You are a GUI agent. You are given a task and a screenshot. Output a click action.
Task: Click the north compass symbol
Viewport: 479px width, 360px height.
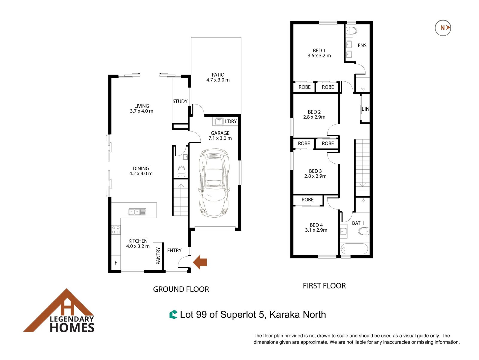coord(443,28)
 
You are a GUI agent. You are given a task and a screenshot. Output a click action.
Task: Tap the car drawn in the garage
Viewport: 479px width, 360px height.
coord(214,183)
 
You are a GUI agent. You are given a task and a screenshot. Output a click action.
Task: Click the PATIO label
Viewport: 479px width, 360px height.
coord(218,75)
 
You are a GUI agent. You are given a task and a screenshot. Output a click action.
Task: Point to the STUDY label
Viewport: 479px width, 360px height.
coord(180,101)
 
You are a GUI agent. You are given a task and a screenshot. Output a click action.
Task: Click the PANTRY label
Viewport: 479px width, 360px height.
coord(158,256)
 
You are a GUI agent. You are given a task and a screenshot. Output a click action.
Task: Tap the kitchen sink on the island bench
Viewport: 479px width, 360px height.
coord(137,212)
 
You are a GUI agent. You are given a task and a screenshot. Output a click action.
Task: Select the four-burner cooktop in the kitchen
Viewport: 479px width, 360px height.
coord(116,230)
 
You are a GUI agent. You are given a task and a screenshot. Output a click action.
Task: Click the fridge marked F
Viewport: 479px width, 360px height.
coord(116,262)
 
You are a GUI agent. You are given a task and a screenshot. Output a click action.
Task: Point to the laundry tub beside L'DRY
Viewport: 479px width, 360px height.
coord(219,121)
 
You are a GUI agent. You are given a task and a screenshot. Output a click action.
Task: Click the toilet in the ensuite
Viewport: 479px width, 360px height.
coord(351,31)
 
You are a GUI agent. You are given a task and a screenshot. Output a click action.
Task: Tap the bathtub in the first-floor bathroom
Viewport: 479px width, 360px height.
coord(354,249)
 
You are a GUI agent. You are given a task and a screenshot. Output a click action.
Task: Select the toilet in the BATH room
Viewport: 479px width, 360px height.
coord(363,231)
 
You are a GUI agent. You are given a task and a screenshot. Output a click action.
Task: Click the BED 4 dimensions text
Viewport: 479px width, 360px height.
coord(316,230)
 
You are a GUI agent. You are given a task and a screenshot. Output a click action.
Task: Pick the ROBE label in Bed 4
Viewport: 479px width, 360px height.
coord(307,200)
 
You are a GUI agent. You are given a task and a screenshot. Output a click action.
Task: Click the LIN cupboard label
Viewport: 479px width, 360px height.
coord(365,109)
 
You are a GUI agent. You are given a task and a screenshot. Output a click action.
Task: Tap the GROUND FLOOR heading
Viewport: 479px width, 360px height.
coord(181,289)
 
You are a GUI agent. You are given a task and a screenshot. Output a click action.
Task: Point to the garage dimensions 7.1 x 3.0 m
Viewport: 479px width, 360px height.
coord(220,138)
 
